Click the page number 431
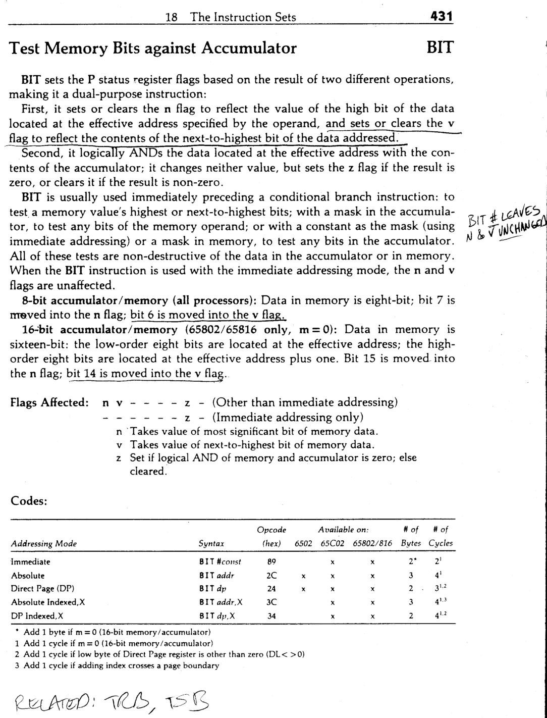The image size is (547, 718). point(439,17)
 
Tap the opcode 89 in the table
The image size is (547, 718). point(271,561)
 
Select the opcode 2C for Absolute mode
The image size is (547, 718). point(271,575)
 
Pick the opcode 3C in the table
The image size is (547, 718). point(271,602)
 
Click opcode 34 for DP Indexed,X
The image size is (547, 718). point(271,616)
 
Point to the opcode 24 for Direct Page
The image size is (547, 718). point(271,589)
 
